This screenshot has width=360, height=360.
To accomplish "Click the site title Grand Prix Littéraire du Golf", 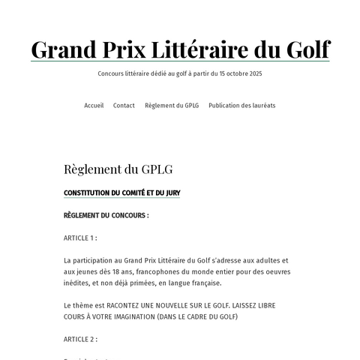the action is (180, 49).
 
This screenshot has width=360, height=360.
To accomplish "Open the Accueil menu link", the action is (94, 106).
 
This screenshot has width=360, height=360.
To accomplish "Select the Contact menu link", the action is (124, 106).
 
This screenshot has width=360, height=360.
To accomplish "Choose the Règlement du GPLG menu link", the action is (171, 106).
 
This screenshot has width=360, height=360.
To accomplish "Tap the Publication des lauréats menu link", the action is (241, 106).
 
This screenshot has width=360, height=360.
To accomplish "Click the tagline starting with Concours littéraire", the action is (180, 74).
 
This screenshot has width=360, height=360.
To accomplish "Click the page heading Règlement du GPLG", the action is (118, 169).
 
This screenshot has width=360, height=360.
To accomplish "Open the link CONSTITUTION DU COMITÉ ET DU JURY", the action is (121, 193).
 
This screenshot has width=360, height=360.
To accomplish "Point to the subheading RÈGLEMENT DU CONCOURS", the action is (106, 215).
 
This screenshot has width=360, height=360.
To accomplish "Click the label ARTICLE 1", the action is (80, 238).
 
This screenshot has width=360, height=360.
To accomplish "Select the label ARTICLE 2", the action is (80, 339).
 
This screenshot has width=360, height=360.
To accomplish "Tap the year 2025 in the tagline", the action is (255, 74).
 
